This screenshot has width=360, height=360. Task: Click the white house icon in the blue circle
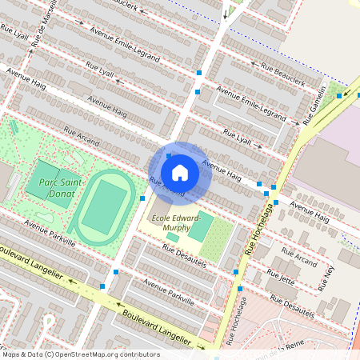(x=180, y=172)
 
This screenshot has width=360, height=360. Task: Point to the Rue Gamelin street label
(x=314, y=105)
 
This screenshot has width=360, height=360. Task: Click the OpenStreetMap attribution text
(x=80, y=354)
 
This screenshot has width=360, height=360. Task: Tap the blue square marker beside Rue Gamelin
(x=339, y=96)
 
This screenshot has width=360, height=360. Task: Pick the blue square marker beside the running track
(x=142, y=198)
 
